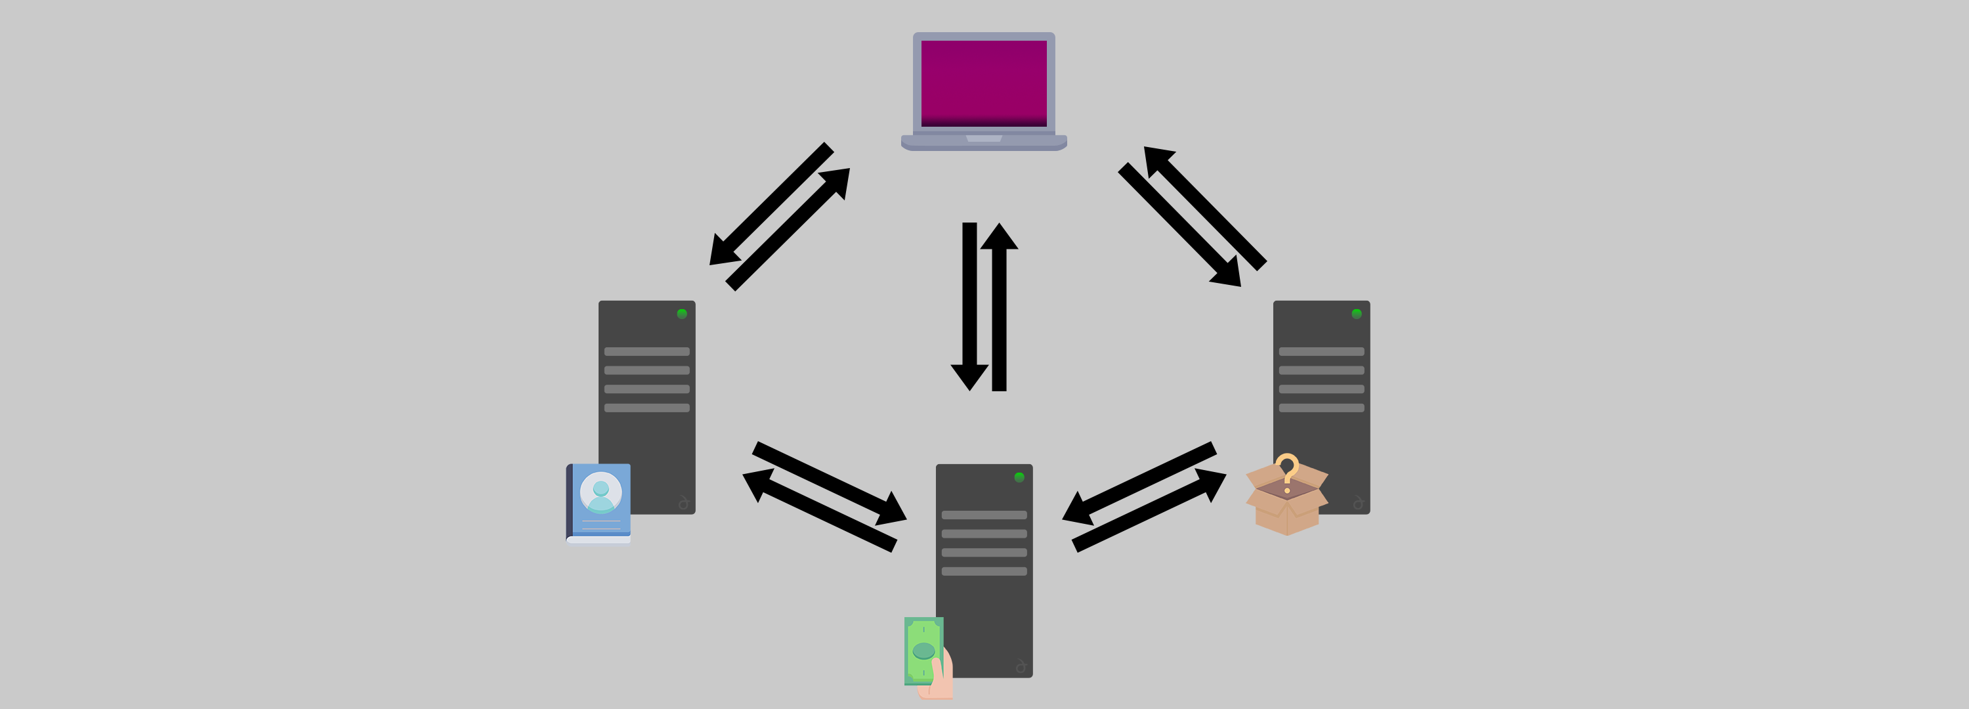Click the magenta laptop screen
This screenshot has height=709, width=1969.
(984, 83)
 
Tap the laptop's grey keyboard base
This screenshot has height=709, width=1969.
(984, 142)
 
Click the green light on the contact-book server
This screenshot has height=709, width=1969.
(682, 314)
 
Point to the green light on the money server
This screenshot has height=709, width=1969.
(1019, 477)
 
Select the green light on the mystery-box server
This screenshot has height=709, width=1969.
(1357, 314)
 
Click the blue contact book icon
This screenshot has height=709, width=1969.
(599, 502)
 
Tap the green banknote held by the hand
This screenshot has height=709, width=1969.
(923, 651)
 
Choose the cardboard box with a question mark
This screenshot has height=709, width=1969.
(1287, 505)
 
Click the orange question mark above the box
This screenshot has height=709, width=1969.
(1287, 468)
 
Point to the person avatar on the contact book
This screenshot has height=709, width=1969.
(601, 492)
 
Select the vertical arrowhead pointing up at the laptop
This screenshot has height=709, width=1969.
(999, 237)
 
